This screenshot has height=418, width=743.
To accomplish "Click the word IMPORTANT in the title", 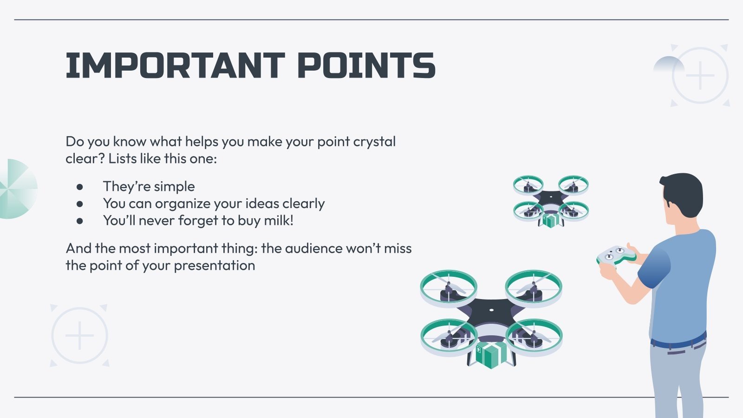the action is click(175, 65).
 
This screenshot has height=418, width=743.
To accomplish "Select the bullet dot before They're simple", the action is click(80, 187).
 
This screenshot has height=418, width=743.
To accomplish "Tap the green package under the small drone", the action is click(551, 220).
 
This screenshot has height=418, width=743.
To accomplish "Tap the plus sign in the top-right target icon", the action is click(700, 75).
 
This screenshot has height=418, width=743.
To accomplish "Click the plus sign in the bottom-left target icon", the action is click(79, 335).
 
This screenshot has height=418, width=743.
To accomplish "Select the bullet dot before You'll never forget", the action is click(80, 221).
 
